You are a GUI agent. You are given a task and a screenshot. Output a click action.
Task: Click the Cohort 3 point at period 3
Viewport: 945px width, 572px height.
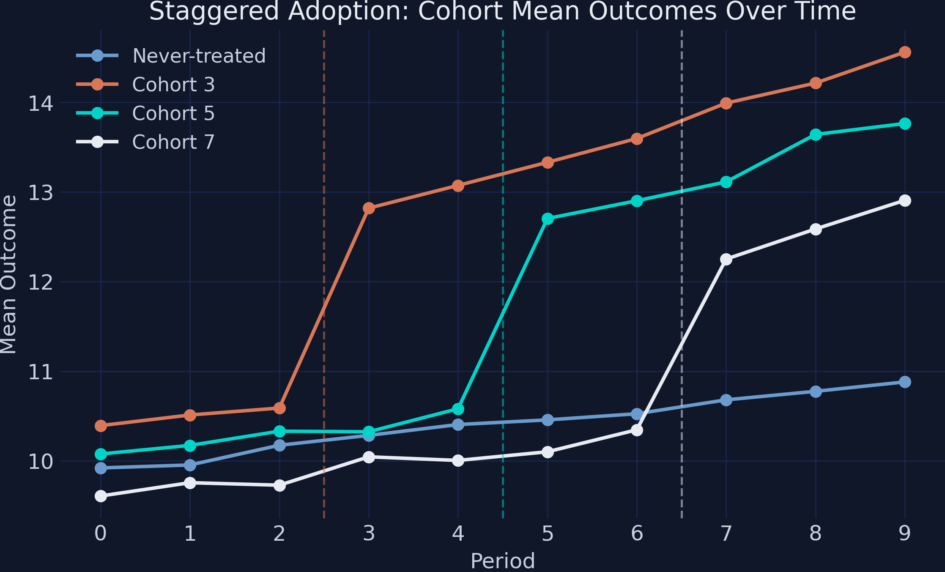(x=369, y=208)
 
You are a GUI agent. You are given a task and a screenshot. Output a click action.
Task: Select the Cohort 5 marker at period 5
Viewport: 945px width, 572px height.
(x=548, y=219)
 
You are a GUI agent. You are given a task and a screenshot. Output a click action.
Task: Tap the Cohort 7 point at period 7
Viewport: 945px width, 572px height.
(x=726, y=259)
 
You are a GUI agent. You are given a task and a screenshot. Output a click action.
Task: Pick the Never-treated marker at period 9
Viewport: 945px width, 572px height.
(x=905, y=382)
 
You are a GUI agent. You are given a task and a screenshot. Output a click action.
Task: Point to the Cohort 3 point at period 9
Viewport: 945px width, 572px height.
(x=905, y=52)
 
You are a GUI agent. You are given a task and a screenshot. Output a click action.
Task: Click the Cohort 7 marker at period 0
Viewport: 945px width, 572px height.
(x=101, y=496)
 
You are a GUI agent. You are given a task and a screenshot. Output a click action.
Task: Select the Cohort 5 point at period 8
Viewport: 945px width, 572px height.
(x=816, y=135)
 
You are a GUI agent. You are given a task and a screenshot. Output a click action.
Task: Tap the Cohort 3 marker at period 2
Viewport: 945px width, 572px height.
(x=279, y=408)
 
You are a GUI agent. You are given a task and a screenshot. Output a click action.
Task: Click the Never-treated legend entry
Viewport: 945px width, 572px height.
(x=199, y=56)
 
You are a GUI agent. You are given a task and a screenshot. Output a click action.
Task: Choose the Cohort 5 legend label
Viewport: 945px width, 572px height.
(x=173, y=113)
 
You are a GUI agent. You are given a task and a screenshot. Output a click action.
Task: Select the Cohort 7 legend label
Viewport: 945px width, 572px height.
(x=173, y=142)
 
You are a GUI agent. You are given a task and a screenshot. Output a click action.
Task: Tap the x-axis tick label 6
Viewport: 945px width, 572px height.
(x=637, y=534)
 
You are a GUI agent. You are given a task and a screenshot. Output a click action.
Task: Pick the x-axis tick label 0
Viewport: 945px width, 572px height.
(x=101, y=534)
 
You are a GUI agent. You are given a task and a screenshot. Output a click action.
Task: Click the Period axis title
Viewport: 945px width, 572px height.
(x=502, y=561)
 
